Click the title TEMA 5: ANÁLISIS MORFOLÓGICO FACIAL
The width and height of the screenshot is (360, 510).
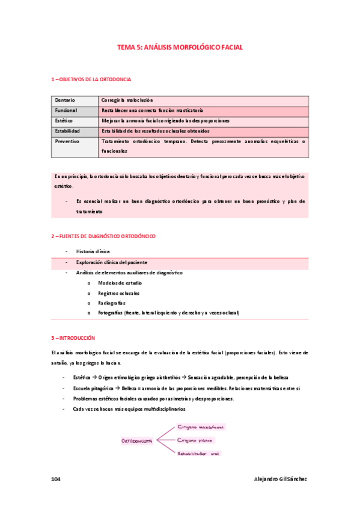(180, 47)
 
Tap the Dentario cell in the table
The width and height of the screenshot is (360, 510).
(66, 100)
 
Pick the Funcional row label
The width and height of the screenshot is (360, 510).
(67, 111)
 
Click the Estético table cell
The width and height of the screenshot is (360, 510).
(65, 121)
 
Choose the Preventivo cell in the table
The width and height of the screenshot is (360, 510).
(68, 141)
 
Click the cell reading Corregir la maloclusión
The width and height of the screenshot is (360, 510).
(127, 100)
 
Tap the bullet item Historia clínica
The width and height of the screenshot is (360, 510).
(93, 251)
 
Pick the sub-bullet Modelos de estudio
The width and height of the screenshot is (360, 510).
(120, 283)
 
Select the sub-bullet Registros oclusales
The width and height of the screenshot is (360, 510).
(119, 293)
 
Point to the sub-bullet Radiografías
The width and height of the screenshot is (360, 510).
(112, 303)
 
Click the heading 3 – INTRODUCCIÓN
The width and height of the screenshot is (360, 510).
(73, 338)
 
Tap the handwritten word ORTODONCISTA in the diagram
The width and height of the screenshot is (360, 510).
(137, 441)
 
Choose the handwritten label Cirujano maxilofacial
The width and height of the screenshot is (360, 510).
(201, 427)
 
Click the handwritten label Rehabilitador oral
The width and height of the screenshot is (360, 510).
(198, 453)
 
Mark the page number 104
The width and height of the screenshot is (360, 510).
(56, 479)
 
